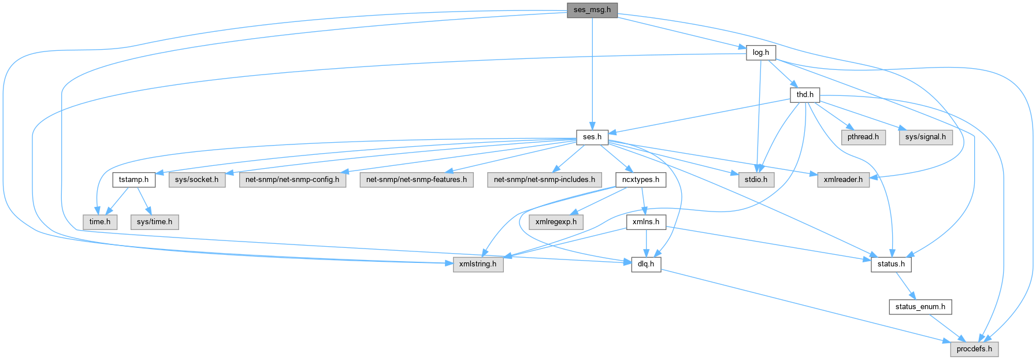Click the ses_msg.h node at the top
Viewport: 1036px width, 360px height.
click(592, 10)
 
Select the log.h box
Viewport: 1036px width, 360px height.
click(760, 52)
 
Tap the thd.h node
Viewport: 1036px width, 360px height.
click(804, 94)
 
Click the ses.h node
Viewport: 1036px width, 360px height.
click(592, 137)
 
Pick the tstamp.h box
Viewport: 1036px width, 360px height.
click(133, 179)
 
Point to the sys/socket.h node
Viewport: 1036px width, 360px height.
click(196, 179)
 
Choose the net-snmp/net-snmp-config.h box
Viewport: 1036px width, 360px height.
click(292, 179)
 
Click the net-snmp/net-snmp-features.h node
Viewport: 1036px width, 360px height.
click(417, 179)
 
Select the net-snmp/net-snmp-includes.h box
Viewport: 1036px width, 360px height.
click(544, 179)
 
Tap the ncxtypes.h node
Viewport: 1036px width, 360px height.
click(640, 179)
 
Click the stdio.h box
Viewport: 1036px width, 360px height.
click(756, 179)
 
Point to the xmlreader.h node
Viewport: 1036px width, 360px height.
click(843, 179)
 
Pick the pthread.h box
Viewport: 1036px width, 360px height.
click(863, 137)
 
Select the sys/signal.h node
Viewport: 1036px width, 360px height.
click(926, 137)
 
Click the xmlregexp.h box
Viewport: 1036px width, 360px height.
click(556, 221)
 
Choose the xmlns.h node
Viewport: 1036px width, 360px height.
click(646, 221)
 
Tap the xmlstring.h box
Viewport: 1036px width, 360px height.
click(478, 264)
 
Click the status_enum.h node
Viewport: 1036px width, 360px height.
click(920, 306)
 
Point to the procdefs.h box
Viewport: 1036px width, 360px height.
click(974, 348)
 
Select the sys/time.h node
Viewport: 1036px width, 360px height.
click(154, 221)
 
